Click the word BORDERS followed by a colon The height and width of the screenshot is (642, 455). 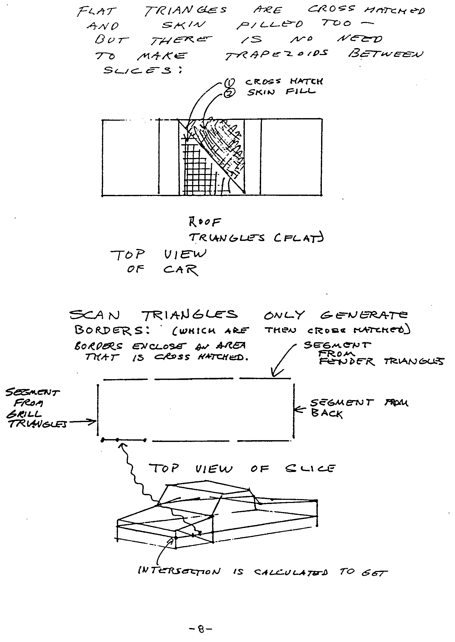(x=112, y=330)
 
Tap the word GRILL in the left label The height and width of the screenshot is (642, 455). (x=24, y=414)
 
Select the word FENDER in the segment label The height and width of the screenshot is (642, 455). (x=347, y=361)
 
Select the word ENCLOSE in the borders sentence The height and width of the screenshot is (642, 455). (x=159, y=346)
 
